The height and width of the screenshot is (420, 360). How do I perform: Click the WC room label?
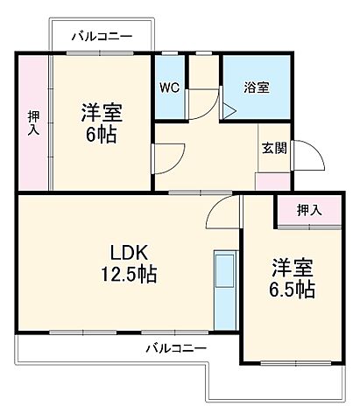[x=169, y=87]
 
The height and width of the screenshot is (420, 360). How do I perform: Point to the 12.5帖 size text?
[x=129, y=274]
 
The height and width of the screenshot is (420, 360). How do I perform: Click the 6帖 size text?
[x=102, y=136]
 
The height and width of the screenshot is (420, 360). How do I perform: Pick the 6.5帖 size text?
[x=292, y=288]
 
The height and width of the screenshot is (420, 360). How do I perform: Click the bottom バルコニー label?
[x=175, y=347]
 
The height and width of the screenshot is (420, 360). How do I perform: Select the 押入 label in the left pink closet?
[x=33, y=123]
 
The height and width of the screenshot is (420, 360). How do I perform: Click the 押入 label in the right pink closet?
[x=307, y=209]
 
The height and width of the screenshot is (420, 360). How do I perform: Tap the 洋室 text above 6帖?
[x=102, y=114]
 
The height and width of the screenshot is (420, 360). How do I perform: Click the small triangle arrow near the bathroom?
[x=229, y=110]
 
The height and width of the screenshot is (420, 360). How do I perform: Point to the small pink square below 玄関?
[x=267, y=181]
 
